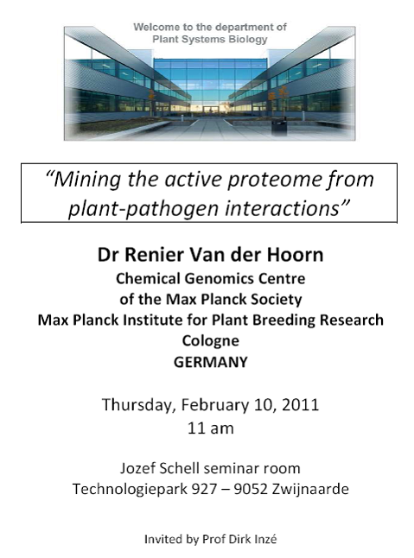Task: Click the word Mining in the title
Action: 87,180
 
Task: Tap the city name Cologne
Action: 211,341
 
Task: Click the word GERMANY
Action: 211,362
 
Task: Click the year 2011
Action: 301,405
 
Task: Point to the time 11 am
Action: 211,428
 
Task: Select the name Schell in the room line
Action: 179,468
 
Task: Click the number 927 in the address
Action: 204,489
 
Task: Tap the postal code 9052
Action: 251,489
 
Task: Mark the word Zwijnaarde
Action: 310,490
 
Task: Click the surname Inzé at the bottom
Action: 266,539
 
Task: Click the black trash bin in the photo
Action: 278,127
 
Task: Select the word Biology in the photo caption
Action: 248,40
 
